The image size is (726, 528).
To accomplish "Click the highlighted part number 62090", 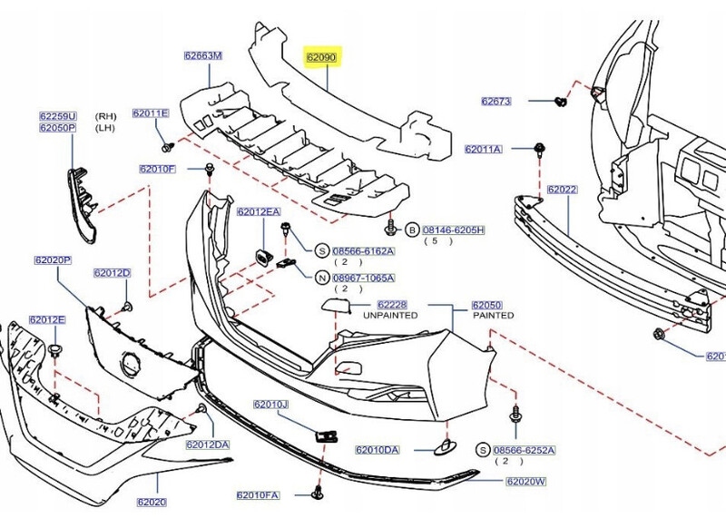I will tap(321, 57).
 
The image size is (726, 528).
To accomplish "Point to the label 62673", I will tap(497, 101).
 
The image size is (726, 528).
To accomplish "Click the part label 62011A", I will tap(483, 148).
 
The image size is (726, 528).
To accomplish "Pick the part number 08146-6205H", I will tap(453, 230).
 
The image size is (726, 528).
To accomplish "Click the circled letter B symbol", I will tap(410, 230).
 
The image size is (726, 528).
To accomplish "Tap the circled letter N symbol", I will tap(322, 278).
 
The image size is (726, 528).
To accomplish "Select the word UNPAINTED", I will tap(390, 316).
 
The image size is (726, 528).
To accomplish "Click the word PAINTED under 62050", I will tap(493, 316).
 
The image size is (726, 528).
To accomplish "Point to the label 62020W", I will tap(526, 481).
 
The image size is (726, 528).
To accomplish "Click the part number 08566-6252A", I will tap(524, 450).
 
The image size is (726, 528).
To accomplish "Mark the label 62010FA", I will tap(259, 495).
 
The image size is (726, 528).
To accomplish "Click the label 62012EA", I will tap(259, 212).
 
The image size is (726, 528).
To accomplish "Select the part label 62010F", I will tap(158, 169).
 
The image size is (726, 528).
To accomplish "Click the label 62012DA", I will tap(208, 445).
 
